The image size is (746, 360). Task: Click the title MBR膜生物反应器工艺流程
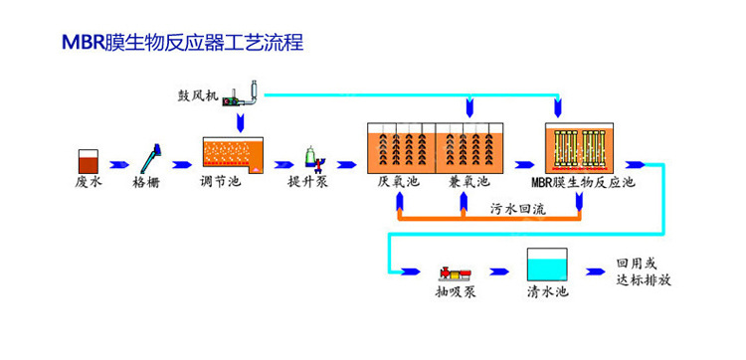(168, 43)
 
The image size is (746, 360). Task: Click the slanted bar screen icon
(151, 158)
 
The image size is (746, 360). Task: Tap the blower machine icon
(239, 94)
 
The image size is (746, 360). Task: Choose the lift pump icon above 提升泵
(311, 157)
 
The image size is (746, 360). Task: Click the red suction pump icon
(459, 271)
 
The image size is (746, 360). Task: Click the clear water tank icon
(546, 266)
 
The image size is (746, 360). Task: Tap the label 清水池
(546, 295)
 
